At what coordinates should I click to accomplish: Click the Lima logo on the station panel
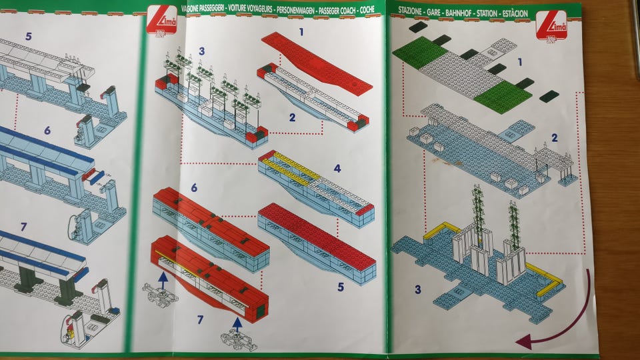(551, 26)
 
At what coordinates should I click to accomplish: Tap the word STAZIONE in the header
(410, 11)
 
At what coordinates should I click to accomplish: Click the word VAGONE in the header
(193, 8)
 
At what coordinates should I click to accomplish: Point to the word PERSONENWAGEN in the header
(295, 10)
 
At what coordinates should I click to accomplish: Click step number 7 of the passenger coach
(200, 319)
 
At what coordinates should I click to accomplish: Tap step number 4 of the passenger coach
(337, 168)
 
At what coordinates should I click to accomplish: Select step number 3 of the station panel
(417, 289)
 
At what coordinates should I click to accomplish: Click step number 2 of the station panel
(554, 137)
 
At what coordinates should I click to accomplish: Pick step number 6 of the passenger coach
(194, 187)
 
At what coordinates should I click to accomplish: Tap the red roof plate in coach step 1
(317, 63)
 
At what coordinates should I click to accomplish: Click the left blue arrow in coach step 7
(163, 281)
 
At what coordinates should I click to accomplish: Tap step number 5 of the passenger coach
(341, 287)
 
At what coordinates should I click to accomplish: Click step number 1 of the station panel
(519, 62)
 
